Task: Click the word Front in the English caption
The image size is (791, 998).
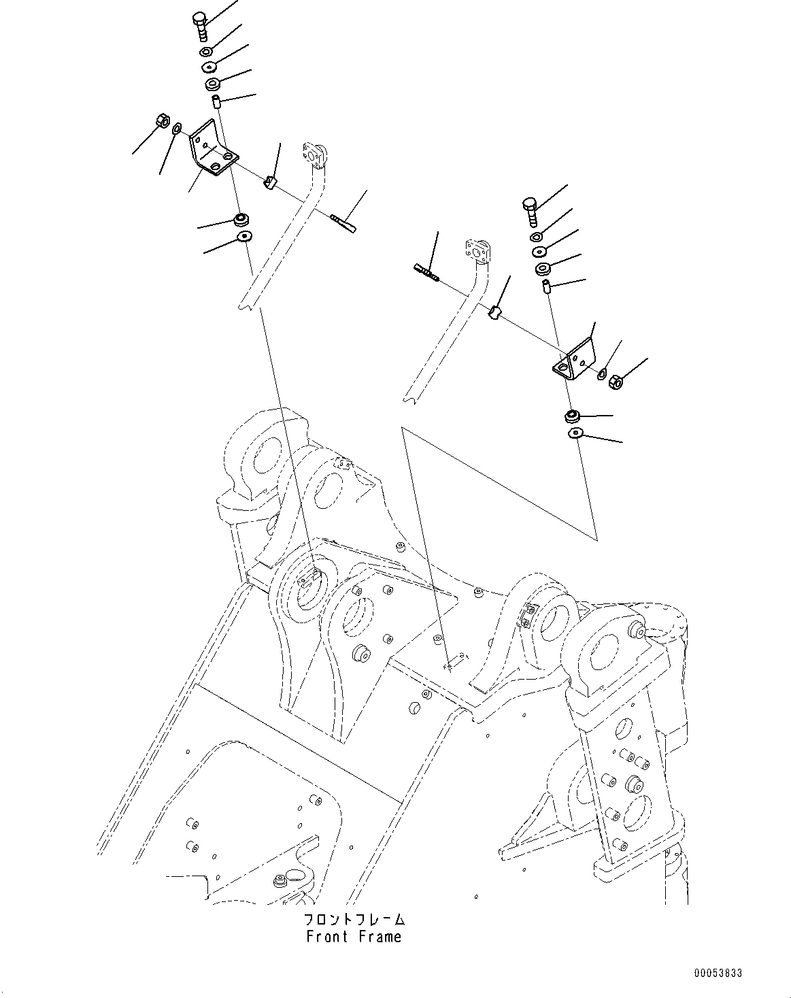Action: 329,937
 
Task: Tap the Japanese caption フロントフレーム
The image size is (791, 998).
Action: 354,920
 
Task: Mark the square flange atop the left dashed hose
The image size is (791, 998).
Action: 314,153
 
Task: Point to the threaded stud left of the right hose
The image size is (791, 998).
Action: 426,271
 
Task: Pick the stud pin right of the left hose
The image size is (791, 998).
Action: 342,222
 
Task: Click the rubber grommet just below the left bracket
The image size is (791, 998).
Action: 241,219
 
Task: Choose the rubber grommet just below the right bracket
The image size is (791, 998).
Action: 573,414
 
